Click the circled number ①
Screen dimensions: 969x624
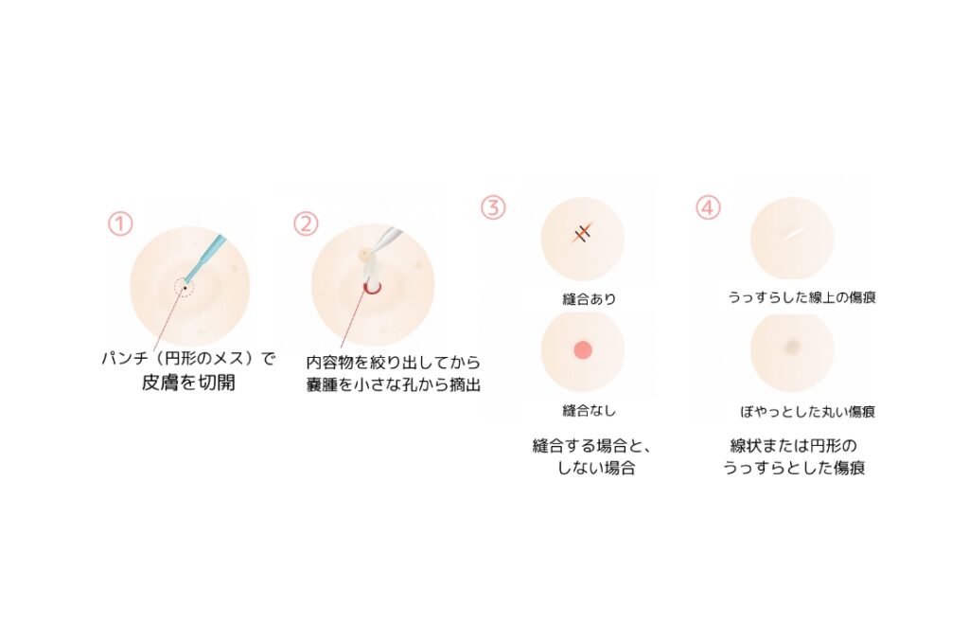point(120,223)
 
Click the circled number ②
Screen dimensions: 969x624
point(306,223)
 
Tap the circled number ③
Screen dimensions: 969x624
point(493,207)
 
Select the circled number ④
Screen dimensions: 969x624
point(708,207)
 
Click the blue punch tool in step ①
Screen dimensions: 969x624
point(206,259)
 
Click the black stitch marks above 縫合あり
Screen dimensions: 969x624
point(583,233)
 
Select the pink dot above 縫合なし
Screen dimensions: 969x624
point(583,350)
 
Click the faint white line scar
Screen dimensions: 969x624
point(792,233)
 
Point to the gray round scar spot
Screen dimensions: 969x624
point(792,348)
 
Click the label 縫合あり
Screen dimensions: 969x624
point(589,299)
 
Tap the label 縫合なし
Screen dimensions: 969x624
point(589,411)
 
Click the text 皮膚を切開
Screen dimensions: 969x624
point(188,383)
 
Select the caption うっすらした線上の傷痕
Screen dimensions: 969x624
point(802,297)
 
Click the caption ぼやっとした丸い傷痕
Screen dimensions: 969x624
point(808,411)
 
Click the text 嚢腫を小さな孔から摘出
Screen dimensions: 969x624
point(394,384)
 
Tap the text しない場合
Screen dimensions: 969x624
point(596,468)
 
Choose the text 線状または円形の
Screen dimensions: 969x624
point(794,446)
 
